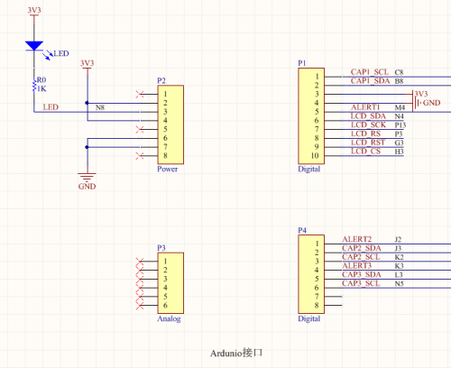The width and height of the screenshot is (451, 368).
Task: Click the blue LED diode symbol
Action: pyautogui.click(x=34, y=46)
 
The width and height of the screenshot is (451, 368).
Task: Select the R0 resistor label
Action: pyautogui.click(x=41, y=80)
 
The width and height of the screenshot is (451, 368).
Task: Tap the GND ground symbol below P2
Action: pyautogui.click(x=87, y=177)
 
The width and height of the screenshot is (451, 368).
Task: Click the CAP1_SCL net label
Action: pyautogui.click(x=370, y=72)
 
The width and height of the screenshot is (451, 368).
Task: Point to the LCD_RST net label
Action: pyautogui.click(x=368, y=143)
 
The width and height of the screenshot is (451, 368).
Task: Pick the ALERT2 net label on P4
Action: pyautogui.click(x=357, y=239)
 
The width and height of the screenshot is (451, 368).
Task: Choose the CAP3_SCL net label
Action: pyautogui.click(x=361, y=283)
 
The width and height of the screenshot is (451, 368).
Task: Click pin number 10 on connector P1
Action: pyautogui.click(x=315, y=156)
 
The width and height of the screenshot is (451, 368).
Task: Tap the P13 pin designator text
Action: pyautogui.click(x=400, y=125)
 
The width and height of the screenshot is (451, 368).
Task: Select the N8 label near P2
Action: pyautogui.click(x=100, y=107)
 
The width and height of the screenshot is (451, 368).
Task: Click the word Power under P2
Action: pyautogui.click(x=168, y=169)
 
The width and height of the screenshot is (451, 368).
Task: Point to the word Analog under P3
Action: pyautogui.click(x=169, y=318)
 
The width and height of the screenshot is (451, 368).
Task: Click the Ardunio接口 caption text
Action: pyautogui.click(x=236, y=353)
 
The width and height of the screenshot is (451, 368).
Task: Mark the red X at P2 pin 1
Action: pyautogui.click(x=140, y=95)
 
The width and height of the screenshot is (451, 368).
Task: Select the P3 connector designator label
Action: pyautogui.click(x=161, y=248)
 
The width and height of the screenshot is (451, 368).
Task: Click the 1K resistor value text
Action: pyautogui.click(x=41, y=88)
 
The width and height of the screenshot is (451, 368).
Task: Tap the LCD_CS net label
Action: pyautogui.click(x=365, y=152)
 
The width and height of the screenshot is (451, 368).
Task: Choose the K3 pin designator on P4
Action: pyautogui.click(x=399, y=266)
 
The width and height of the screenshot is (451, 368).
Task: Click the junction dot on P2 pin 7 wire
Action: pyautogui.click(x=87, y=147)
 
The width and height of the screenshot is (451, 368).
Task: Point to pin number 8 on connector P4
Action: pyautogui.click(x=317, y=306)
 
